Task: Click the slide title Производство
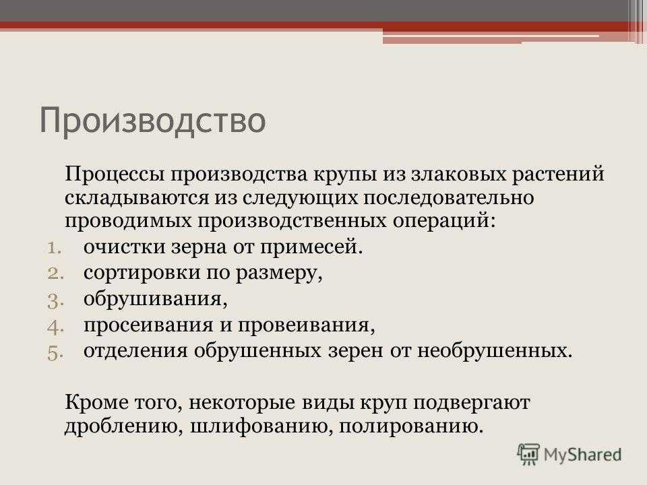(152, 120)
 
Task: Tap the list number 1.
(54, 249)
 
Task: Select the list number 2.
(55, 274)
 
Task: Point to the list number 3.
(55, 300)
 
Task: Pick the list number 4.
(55, 327)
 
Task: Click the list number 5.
(55, 354)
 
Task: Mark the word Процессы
(115, 174)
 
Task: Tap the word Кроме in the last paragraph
(96, 403)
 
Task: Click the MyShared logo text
(582, 455)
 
